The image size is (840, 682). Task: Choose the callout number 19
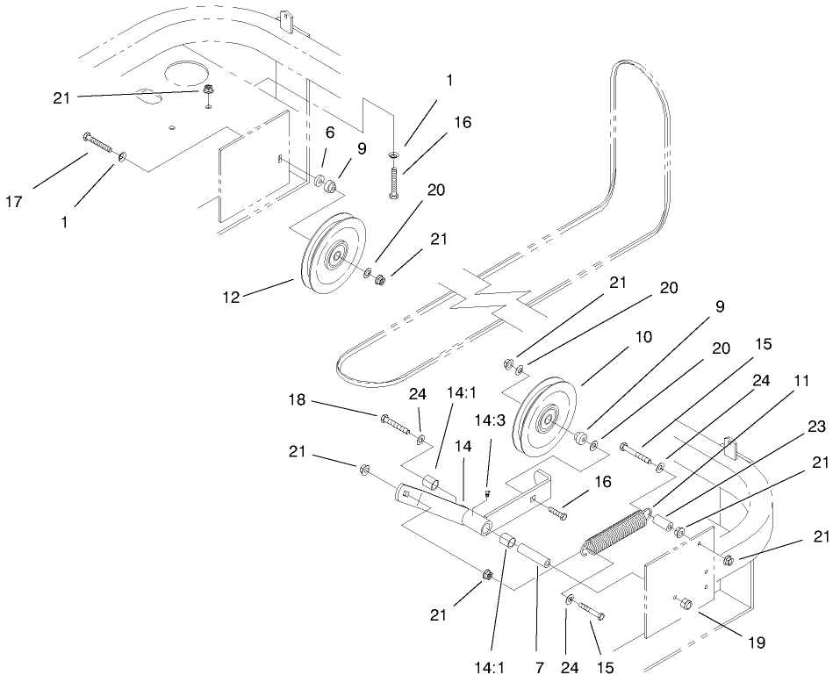[757, 643]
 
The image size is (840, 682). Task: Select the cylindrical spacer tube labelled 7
[535, 557]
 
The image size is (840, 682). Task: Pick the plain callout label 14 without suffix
[463, 445]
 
